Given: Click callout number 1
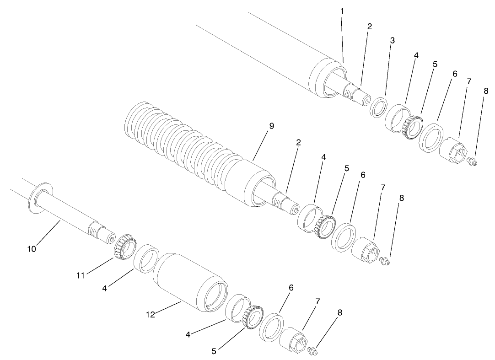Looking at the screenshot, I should point(342,10).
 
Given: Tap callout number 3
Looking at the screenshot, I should point(392,40).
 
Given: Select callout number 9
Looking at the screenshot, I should point(271,126).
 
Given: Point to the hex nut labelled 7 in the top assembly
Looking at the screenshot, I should point(452,149).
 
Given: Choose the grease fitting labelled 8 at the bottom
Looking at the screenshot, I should point(313,350).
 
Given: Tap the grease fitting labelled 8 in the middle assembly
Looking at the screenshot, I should point(385,261).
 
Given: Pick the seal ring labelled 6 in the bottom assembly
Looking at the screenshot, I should point(270,327).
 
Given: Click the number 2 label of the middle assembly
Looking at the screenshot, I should point(298,143).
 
